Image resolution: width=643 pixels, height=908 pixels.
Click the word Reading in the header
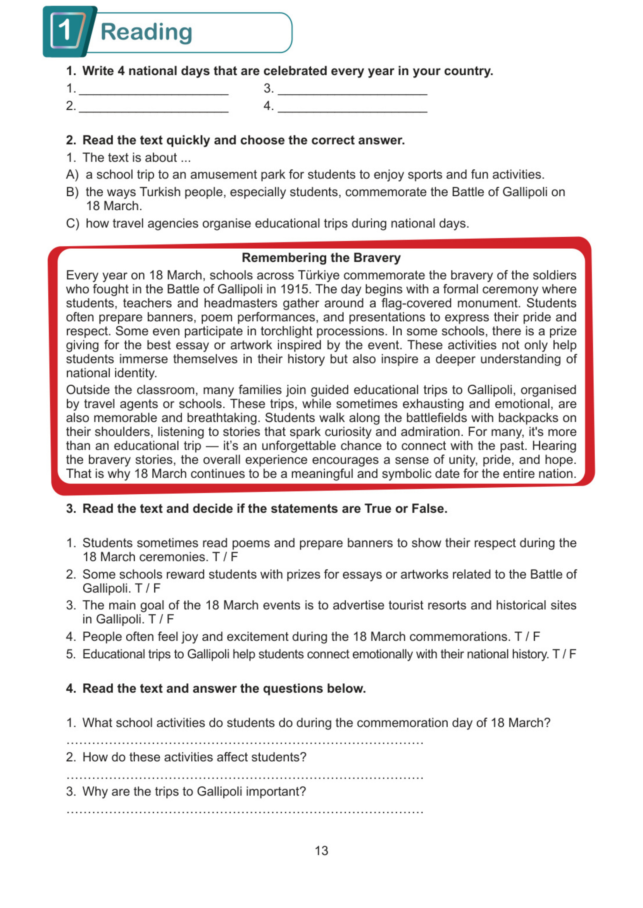tap(146, 32)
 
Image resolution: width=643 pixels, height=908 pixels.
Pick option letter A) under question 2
tap(72, 174)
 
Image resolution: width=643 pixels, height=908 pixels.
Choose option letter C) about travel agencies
tap(72, 224)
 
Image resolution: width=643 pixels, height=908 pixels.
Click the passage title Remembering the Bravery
tap(321, 258)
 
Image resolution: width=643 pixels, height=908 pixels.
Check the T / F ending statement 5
tap(564, 654)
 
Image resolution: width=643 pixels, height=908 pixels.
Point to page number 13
tap(321, 851)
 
